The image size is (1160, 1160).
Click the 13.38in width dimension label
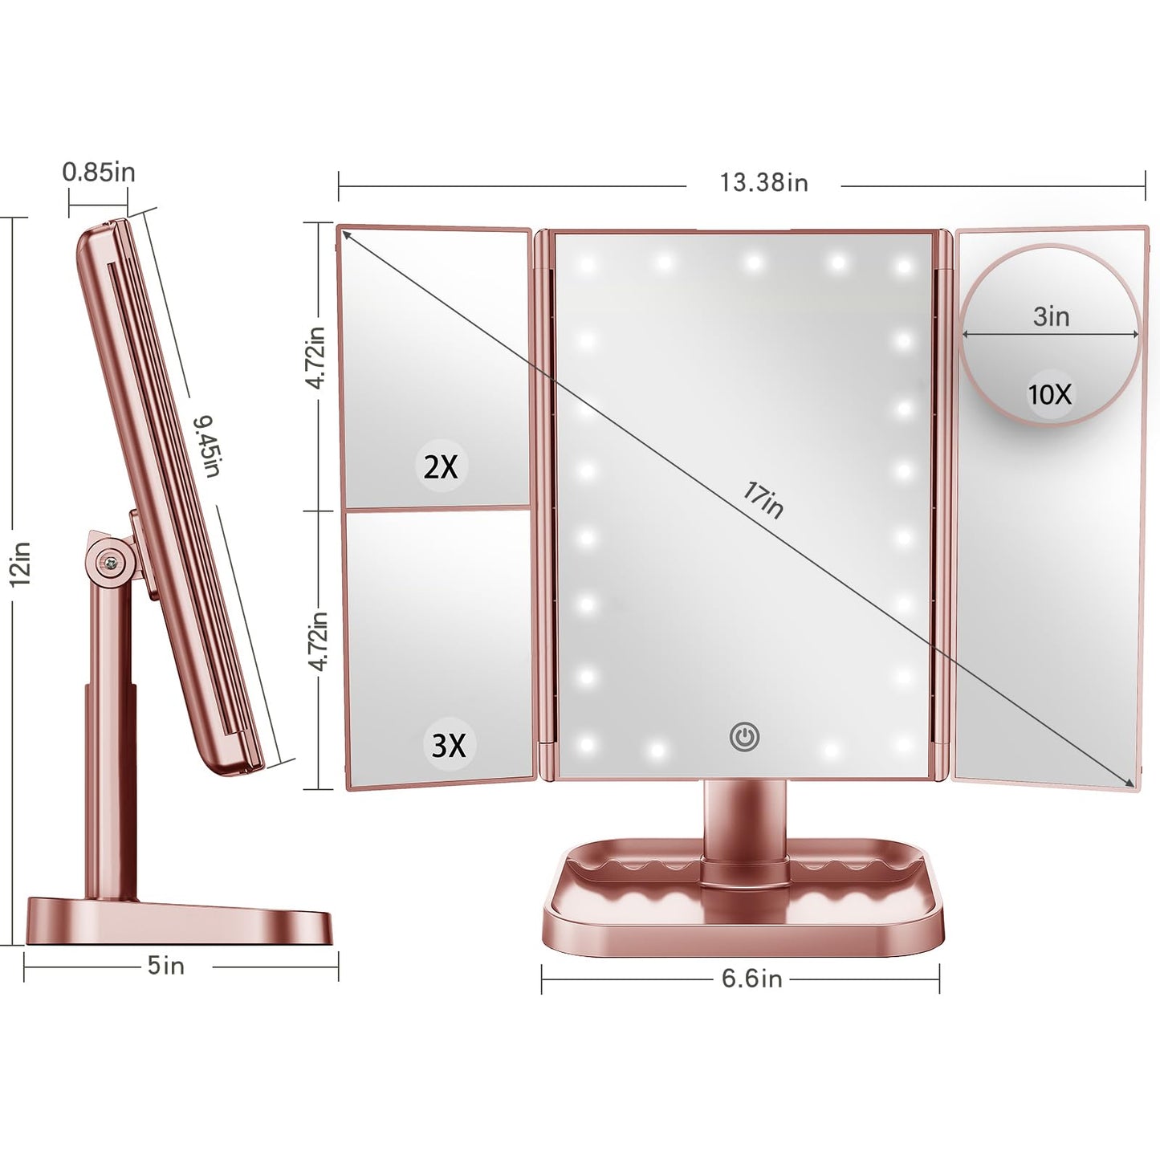[x=763, y=183]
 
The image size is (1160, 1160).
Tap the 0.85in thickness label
[x=99, y=172]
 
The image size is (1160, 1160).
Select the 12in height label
[x=21, y=564]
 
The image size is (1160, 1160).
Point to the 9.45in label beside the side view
[x=208, y=446]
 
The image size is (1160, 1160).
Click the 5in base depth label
[x=166, y=966]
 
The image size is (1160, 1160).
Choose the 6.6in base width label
[x=751, y=979]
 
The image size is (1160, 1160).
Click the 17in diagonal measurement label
[x=763, y=499]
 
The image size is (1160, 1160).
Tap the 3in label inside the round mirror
[x=1051, y=316]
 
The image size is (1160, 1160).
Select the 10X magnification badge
[x=1050, y=394]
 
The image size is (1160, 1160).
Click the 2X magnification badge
[x=441, y=466]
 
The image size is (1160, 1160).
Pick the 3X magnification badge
[x=449, y=745]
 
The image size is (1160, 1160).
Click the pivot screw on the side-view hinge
[x=106, y=561]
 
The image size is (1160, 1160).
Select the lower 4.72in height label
[x=319, y=640]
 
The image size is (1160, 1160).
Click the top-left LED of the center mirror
[x=587, y=263]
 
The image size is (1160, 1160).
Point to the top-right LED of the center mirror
[x=903, y=266]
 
